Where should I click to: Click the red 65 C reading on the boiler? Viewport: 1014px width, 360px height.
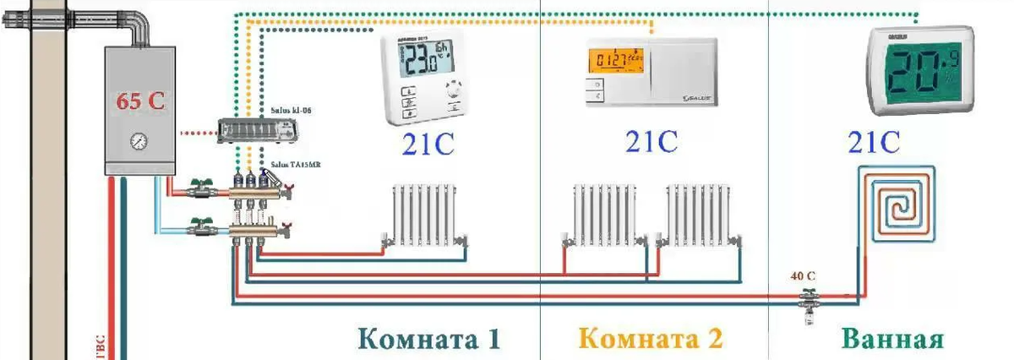tap(140, 102)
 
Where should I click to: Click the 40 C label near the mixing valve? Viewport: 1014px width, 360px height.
tap(803, 275)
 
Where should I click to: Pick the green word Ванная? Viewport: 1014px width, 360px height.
tap(891, 340)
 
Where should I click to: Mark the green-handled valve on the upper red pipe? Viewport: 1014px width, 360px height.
tap(201, 188)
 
